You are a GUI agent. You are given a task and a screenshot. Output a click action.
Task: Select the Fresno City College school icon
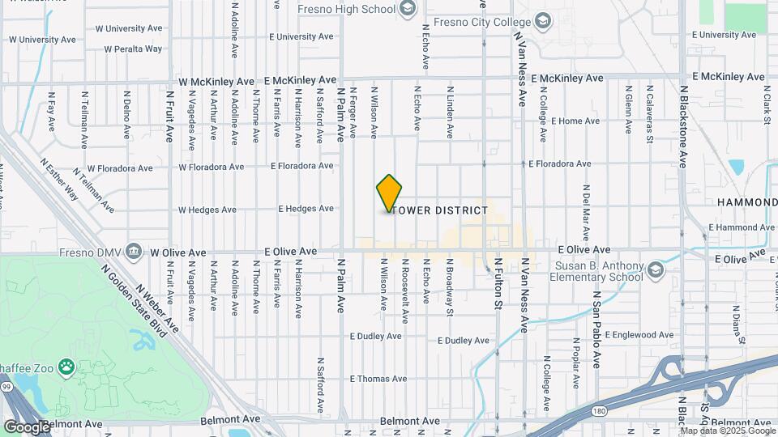click(x=542, y=21)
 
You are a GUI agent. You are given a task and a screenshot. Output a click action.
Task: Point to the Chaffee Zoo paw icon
click(x=66, y=368)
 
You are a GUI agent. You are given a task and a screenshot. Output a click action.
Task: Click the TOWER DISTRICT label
click(x=441, y=210)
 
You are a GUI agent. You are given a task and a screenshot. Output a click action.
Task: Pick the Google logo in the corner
click(x=26, y=426)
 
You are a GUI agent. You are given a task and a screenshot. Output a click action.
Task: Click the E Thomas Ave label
click(x=378, y=379)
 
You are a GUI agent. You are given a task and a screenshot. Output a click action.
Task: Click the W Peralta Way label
click(x=133, y=49)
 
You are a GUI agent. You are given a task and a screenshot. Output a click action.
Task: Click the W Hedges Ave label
click(x=207, y=210)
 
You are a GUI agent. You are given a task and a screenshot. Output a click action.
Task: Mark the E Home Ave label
click(x=575, y=121)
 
